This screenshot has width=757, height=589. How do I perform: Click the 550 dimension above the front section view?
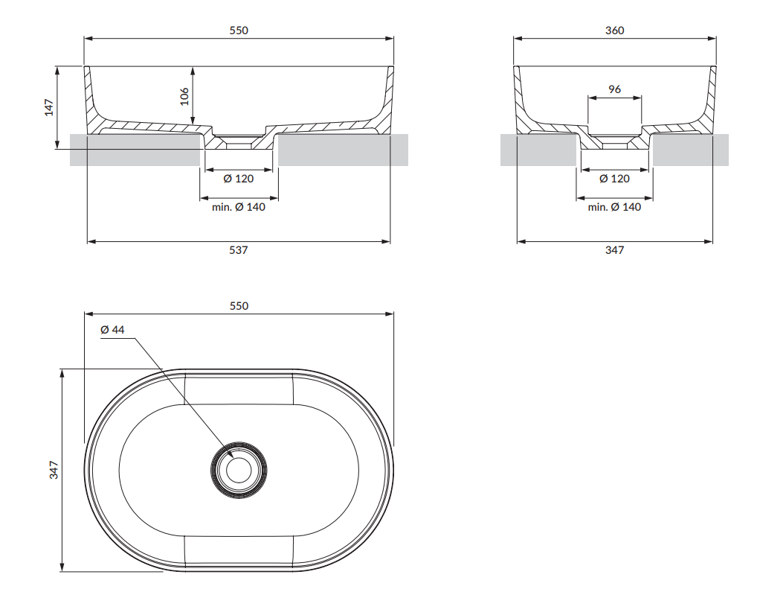[x=239, y=31]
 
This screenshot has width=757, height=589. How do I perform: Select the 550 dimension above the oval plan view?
[x=239, y=306]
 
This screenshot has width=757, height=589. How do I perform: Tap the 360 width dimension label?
[x=615, y=31]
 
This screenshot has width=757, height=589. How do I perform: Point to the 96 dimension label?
[x=614, y=89]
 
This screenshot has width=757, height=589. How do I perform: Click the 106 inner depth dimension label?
[x=185, y=95]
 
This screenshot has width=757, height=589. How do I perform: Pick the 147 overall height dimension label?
[x=49, y=107]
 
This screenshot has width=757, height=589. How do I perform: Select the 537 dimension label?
[x=238, y=250]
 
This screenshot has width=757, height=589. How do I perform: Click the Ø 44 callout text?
[x=112, y=330]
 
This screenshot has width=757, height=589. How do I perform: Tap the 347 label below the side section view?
[x=614, y=250]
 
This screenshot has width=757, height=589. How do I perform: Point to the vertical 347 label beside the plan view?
[x=54, y=470]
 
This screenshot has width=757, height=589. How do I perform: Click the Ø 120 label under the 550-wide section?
[x=239, y=179]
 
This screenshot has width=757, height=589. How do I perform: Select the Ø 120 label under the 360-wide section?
[x=614, y=179]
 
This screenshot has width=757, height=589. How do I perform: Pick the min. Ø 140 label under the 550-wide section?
[x=239, y=207]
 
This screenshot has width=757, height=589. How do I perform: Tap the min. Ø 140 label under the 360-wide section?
[x=614, y=207]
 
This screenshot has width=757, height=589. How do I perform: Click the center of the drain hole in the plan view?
[x=239, y=469]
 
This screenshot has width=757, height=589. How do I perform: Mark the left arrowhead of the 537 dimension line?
[x=91, y=241]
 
